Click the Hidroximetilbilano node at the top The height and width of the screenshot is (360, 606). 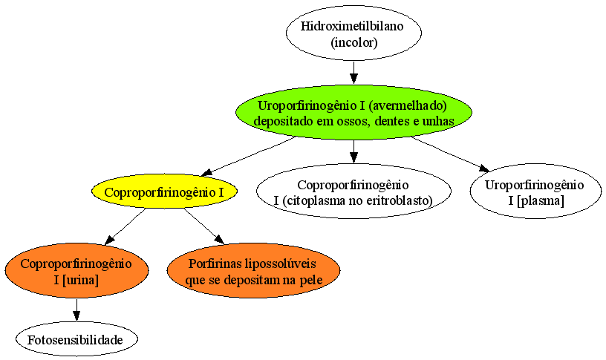coord(353,33)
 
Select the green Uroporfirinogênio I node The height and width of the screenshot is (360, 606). coord(353,112)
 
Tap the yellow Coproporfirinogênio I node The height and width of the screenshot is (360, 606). coord(164,192)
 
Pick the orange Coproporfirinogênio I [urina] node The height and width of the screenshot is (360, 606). coord(76,270)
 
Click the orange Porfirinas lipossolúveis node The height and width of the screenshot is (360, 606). coord(253,270)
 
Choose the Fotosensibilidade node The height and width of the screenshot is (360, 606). coord(76,339)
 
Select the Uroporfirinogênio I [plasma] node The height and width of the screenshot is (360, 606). coord(535,192)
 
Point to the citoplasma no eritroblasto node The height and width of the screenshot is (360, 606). coord(353,192)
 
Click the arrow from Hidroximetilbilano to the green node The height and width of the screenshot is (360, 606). coord(353,73)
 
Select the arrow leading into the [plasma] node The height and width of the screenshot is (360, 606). coord(451,154)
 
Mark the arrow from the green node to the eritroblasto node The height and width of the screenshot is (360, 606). coord(353,151)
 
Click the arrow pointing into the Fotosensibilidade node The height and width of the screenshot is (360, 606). coord(76,310)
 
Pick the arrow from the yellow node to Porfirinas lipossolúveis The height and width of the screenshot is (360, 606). coord(204,226)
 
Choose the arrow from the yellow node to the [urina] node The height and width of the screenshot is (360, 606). coord(125,226)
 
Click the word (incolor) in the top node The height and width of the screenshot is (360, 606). coord(354,42)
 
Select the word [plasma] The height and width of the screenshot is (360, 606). coord(540,201)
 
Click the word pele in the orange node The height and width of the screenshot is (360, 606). coord(311,280)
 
